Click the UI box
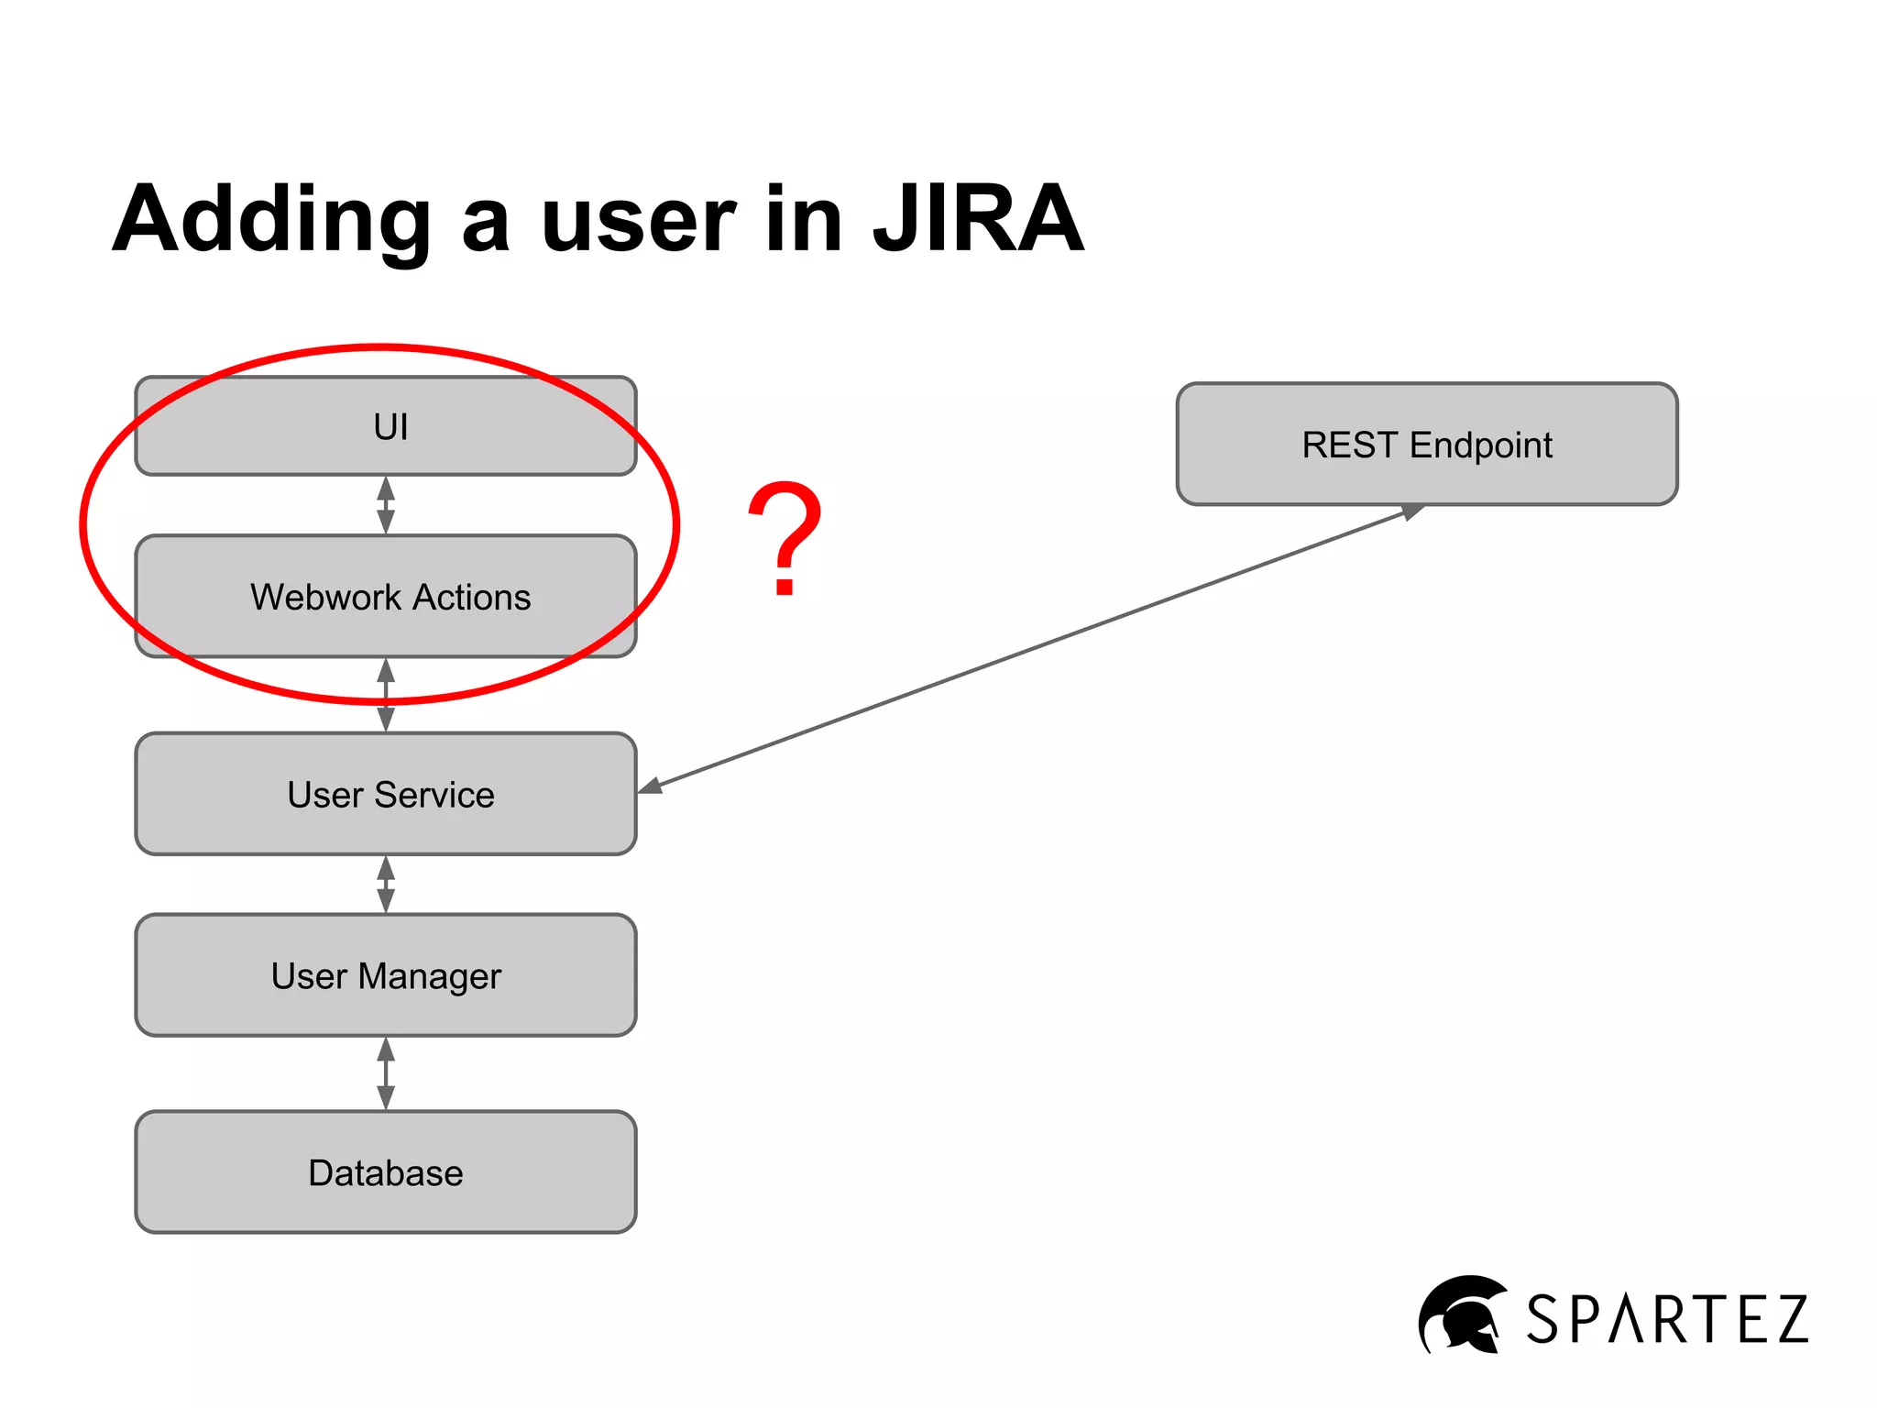(385, 426)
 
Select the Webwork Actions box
(385, 597)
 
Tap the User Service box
(385, 794)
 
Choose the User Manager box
(385, 975)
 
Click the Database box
(385, 1172)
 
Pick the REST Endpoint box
(1427, 445)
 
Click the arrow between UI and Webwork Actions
(386, 505)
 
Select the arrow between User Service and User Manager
(386, 885)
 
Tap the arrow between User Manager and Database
(386, 1073)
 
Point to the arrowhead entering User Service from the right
(650, 786)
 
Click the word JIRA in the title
(978, 220)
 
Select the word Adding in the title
(271, 220)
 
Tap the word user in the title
(638, 220)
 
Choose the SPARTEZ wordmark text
(1667, 1320)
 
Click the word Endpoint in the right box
(1480, 445)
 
